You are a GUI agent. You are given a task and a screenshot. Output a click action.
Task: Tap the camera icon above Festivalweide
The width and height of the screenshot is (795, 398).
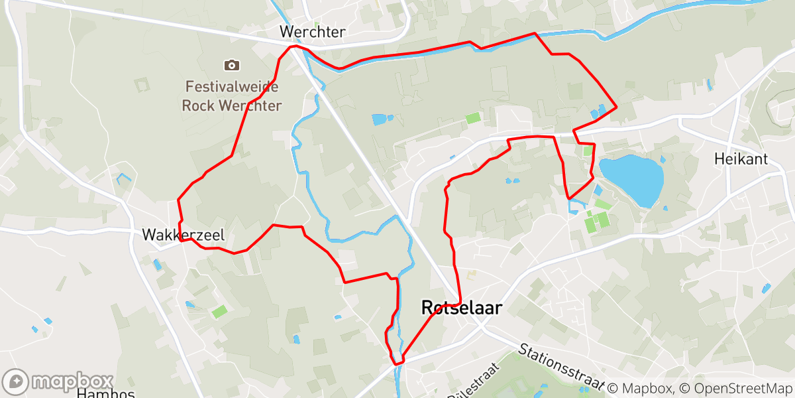(x=231, y=65)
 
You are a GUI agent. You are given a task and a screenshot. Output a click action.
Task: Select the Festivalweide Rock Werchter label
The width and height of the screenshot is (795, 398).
(x=231, y=96)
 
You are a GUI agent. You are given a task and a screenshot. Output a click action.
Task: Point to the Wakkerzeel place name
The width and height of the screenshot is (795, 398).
(x=183, y=235)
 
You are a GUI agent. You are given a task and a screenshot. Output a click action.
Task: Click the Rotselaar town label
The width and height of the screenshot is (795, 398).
(x=461, y=308)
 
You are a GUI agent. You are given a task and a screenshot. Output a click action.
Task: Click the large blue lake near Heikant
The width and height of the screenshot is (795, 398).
(x=632, y=178)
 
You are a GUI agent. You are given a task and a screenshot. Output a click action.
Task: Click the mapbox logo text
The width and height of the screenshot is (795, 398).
(x=72, y=381)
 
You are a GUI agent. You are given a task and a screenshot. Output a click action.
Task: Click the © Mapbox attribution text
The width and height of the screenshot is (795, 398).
(x=641, y=387)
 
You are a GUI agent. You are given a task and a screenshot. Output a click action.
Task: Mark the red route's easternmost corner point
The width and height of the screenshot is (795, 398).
(x=617, y=106)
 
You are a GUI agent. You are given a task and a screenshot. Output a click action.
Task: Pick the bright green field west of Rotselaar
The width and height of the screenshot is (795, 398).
(x=219, y=311)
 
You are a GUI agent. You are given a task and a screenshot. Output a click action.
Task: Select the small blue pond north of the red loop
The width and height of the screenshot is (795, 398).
(x=382, y=120)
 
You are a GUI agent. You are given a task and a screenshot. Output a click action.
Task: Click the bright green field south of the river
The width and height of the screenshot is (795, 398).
(x=472, y=118)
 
